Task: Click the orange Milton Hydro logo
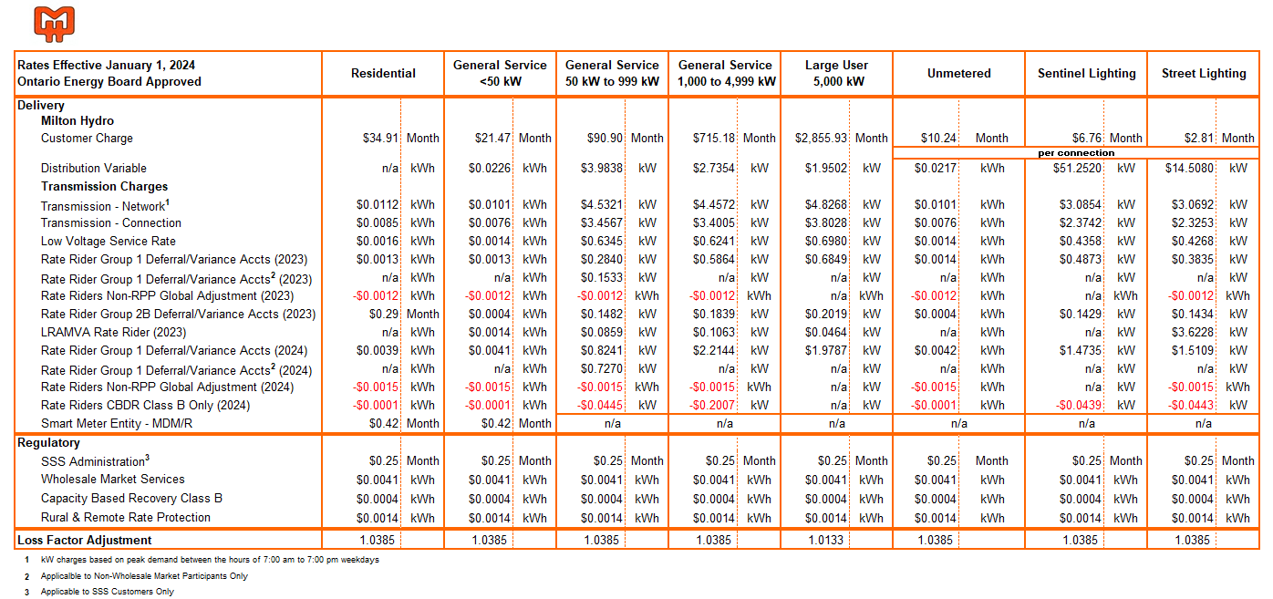click(54, 24)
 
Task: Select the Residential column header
click(383, 73)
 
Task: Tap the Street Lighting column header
click(1204, 73)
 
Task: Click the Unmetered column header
click(958, 73)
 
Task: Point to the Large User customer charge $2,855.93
click(821, 138)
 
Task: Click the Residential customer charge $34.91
click(380, 138)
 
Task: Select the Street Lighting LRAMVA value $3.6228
click(1193, 332)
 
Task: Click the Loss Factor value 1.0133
click(826, 540)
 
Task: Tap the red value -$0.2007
click(711, 405)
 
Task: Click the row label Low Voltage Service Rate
click(108, 241)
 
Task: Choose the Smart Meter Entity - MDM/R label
click(117, 423)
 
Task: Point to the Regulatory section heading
click(48, 443)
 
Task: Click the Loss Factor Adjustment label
click(85, 540)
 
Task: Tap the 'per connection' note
click(1076, 153)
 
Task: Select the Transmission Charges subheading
click(104, 186)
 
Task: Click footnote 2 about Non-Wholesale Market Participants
click(144, 575)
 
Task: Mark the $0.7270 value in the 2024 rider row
click(601, 369)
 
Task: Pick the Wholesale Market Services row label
click(112, 479)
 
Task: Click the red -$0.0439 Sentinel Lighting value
click(1079, 405)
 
